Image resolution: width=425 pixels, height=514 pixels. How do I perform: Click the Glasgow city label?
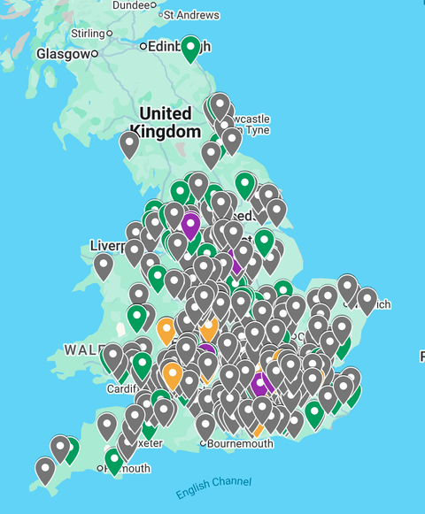pyautogui.click(x=61, y=54)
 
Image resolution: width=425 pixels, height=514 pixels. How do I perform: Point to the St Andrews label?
pyautogui.click(x=192, y=15)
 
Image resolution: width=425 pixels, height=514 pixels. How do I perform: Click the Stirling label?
pyautogui.click(x=87, y=34)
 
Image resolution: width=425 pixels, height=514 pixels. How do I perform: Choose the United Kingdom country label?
pyautogui.click(x=166, y=122)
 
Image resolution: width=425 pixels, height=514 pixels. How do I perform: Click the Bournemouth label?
pyautogui.click(x=241, y=443)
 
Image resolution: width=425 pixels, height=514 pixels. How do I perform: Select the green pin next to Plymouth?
pyautogui.click(x=113, y=459)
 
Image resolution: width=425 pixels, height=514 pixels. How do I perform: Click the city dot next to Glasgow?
pyautogui.click(x=95, y=54)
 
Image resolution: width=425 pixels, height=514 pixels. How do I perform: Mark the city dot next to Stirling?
pyautogui.click(x=111, y=34)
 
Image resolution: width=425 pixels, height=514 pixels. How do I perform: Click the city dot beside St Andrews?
pyautogui.click(x=160, y=15)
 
